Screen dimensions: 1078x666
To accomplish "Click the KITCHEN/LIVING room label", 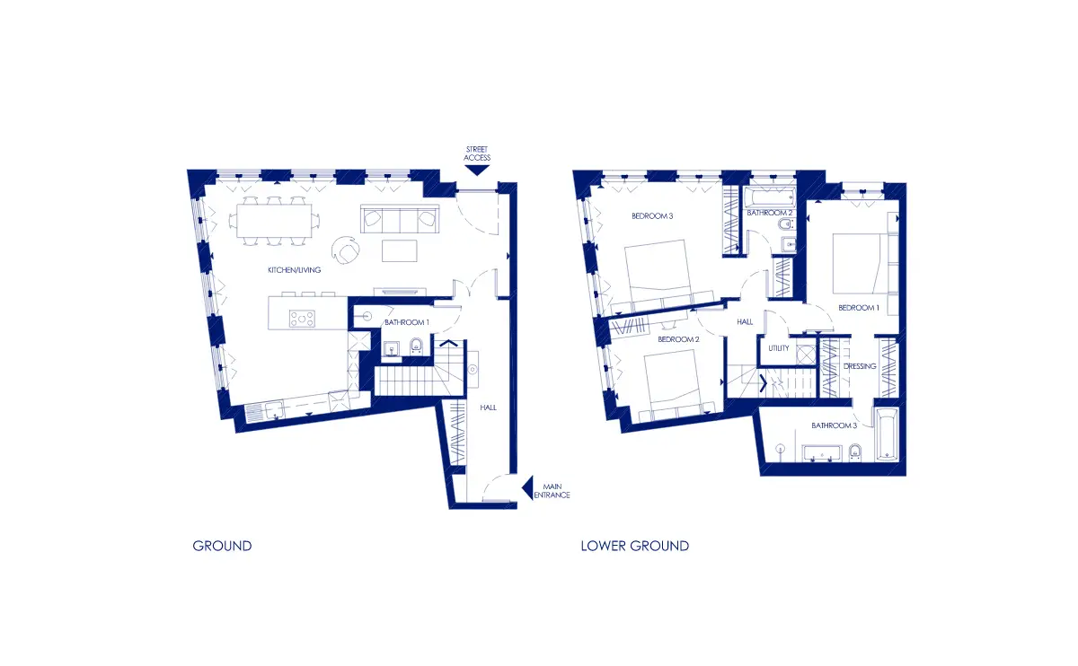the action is coord(294,270).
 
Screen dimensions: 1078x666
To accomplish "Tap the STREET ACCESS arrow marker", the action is coord(477,171).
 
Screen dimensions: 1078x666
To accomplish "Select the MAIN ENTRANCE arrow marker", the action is coord(528,488).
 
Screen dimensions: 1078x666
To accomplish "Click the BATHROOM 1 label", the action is coord(407,322).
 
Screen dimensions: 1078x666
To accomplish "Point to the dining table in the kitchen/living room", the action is coord(274,221).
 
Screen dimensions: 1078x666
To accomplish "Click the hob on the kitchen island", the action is coord(302,319).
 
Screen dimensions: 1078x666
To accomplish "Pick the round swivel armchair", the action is coord(346,250).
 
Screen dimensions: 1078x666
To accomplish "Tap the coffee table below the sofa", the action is coord(400,251).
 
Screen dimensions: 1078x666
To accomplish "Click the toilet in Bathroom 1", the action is coord(416,346).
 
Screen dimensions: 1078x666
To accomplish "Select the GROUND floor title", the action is coord(223,546).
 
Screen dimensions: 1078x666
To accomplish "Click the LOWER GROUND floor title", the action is coord(635,546).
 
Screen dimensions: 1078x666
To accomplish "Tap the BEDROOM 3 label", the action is coord(652,216).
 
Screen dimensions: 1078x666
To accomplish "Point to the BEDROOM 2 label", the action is coord(678,339).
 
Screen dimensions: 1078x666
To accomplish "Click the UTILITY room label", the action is coord(779,348).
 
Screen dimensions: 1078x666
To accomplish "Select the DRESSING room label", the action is coord(860,366).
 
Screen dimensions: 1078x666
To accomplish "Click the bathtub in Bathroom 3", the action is coord(887,434).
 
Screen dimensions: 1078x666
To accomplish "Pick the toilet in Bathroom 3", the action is coord(854,452).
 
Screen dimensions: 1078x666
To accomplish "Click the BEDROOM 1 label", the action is coord(859,308).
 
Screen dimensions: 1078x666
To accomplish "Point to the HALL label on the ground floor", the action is coord(488,407).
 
